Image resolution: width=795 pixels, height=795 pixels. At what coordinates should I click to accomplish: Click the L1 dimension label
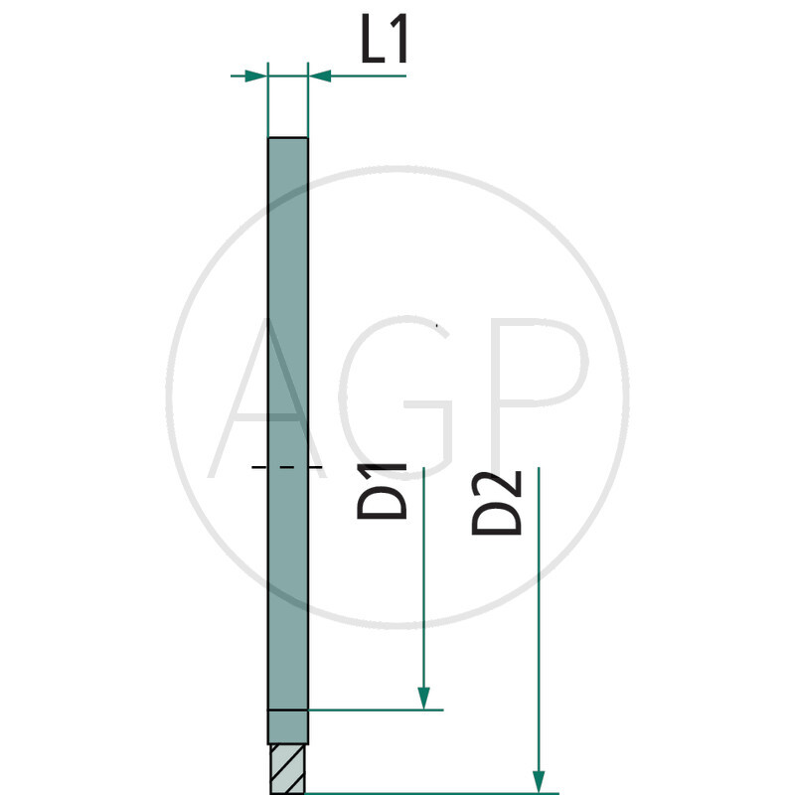pyautogui.click(x=383, y=45)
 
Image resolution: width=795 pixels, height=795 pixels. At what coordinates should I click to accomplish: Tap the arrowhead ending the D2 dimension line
pyautogui.click(x=539, y=779)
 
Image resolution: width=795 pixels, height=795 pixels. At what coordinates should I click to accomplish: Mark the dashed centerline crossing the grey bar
pyautogui.click(x=287, y=466)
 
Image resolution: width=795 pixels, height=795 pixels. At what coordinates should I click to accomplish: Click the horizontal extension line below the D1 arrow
pyautogui.click(x=378, y=710)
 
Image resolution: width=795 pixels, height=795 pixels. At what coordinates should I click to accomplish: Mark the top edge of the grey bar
pyautogui.click(x=288, y=138)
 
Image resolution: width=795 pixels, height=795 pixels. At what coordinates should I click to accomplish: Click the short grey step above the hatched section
pyautogui.click(x=288, y=727)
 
